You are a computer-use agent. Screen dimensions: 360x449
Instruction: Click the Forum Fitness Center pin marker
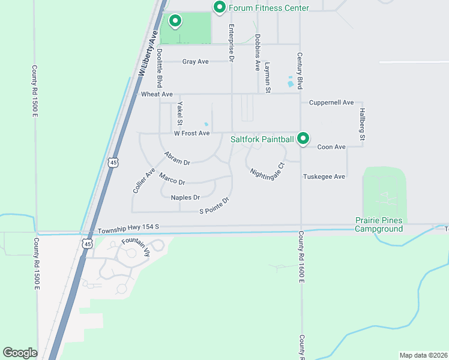tap(220, 8)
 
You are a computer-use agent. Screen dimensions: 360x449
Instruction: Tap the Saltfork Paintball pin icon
tap(304, 139)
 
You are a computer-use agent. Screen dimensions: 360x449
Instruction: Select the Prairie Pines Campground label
tap(378, 225)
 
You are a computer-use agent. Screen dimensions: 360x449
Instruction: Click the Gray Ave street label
tap(195, 62)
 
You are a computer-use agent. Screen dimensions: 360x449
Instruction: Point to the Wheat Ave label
tap(157, 95)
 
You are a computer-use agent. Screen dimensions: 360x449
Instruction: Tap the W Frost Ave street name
tap(191, 133)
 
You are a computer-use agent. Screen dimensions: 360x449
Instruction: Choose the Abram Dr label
tap(177, 158)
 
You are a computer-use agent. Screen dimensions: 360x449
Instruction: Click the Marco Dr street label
tap(172, 179)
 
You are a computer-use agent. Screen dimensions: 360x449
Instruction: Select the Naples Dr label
tap(185, 197)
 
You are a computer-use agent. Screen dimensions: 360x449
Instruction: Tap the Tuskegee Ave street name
tap(324, 177)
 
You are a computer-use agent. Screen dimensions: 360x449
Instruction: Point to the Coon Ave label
tap(331, 147)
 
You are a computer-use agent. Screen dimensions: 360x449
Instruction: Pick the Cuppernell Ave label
tap(331, 103)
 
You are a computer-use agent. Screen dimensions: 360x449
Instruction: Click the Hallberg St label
tap(362, 124)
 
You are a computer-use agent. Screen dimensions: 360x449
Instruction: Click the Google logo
tap(20, 353)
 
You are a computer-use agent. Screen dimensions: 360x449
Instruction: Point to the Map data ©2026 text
tap(423, 355)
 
